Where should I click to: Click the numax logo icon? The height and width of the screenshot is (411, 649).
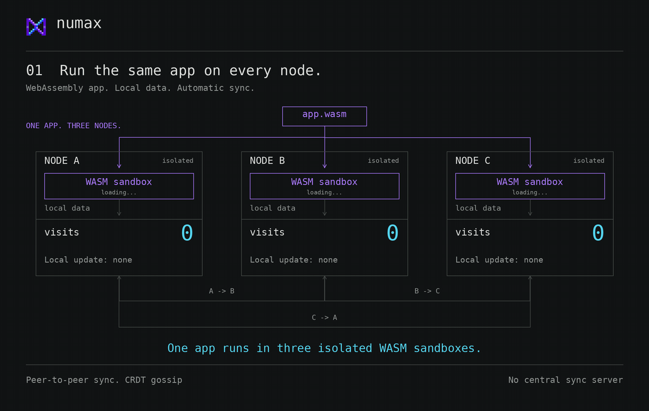click(x=36, y=27)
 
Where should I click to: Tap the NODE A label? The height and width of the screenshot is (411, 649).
click(x=62, y=161)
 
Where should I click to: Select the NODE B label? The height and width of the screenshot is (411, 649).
click(x=267, y=161)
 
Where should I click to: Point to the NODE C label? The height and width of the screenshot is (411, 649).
click(x=473, y=161)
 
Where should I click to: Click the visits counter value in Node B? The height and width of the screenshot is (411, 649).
click(x=393, y=233)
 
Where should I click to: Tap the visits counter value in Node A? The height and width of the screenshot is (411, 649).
click(x=187, y=233)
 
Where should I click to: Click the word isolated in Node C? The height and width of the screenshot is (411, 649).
click(x=589, y=161)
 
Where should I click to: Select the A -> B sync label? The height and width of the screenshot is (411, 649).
click(x=222, y=291)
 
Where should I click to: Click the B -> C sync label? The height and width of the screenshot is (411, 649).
click(x=427, y=291)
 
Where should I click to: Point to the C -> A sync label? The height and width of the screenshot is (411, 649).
click(x=325, y=317)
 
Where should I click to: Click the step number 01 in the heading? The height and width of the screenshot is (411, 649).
click(x=35, y=70)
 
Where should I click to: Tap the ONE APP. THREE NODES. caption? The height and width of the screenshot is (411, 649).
click(x=74, y=125)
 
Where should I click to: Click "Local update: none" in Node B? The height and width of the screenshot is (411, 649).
click(x=294, y=260)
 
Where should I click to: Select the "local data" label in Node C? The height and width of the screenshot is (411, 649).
click(x=478, y=208)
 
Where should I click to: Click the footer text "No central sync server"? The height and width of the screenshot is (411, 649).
click(x=566, y=380)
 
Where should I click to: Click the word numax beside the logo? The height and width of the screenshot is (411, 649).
click(x=79, y=23)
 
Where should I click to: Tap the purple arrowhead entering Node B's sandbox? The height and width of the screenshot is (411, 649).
click(x=325, y=166)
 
